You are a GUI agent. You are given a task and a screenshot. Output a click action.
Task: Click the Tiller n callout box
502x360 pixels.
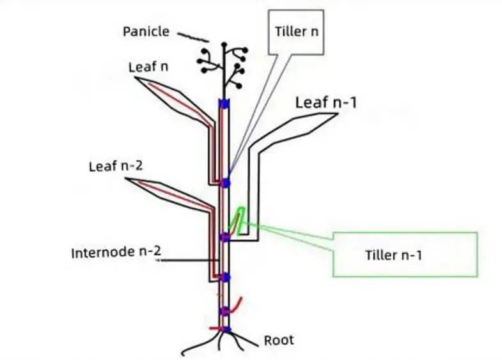tap(296, 31)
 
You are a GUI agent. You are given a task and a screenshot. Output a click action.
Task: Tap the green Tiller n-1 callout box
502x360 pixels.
tap(405, 254)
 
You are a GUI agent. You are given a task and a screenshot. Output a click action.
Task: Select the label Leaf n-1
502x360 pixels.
tap(325, 102)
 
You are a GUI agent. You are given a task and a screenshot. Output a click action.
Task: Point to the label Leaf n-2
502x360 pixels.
tap(115, 167)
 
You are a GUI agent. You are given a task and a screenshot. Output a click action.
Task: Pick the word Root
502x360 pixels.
tap(279, 340)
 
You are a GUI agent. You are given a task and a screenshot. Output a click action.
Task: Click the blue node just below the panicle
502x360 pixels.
tap(224, 104)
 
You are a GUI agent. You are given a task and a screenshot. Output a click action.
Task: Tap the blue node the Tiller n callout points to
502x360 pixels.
tap(225, 183)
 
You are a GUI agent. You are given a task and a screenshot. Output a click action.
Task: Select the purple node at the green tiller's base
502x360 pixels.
tap(224, 237)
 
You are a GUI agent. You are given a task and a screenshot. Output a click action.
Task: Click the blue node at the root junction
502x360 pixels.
tap(226, 329)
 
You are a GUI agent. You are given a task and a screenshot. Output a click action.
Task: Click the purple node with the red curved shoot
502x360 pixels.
tap(225, 311)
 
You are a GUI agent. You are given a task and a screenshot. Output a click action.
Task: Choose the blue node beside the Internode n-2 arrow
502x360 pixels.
tap(224, 277)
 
